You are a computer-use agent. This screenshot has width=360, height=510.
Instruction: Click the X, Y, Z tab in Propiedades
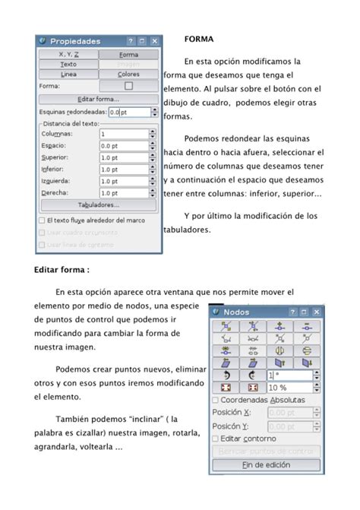click(x=68, y=55)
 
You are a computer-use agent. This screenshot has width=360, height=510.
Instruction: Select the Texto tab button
click(x=68, y=65)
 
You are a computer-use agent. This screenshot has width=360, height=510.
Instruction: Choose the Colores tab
click(x=128, y=74)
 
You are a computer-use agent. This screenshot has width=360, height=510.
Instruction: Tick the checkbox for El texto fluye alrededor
click(x=42, y=220)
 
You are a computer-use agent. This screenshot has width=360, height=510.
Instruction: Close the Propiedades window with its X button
click(x=155, y=41)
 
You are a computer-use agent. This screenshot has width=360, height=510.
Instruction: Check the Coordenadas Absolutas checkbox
click(x=216, y=400)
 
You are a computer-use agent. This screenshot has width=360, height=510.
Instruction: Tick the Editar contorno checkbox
click(x=216, y=439)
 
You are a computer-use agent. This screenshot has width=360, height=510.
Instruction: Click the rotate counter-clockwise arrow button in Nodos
click(x=226, y=375)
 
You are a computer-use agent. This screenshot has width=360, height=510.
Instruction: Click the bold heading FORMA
click(x=199, y=38)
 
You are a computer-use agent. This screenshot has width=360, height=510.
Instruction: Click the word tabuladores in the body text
click(x=189, y=230)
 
